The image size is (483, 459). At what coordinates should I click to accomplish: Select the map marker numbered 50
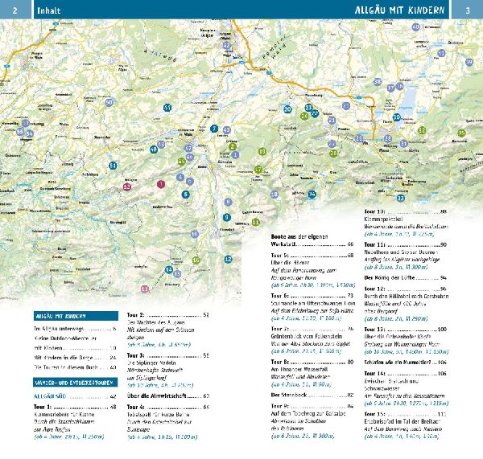point(109,102)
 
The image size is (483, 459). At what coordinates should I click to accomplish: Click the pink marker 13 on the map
point(145,288)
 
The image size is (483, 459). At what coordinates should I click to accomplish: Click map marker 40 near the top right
point(415,27)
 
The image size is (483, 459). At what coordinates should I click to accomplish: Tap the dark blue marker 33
point(400,198)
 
